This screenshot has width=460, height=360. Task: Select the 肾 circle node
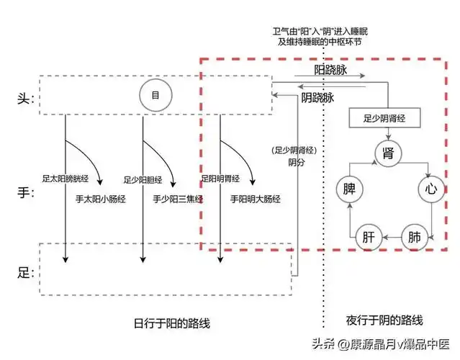(x=388, y=153)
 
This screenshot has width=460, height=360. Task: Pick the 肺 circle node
(x=415, y=236)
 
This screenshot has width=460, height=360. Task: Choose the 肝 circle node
(x=368, y=236)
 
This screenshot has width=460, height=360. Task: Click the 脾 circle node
(x=351, y=190)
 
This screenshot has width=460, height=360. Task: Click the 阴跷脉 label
(x=317, y=97)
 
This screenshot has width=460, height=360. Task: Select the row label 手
(x=24, y=192)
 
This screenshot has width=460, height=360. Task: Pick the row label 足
(x=24, y=272)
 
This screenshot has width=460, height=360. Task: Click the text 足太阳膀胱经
(x=64, y=178)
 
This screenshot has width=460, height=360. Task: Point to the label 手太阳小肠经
(x=101, y=199)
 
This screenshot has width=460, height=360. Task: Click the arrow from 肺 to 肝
(x=392, y=236)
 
